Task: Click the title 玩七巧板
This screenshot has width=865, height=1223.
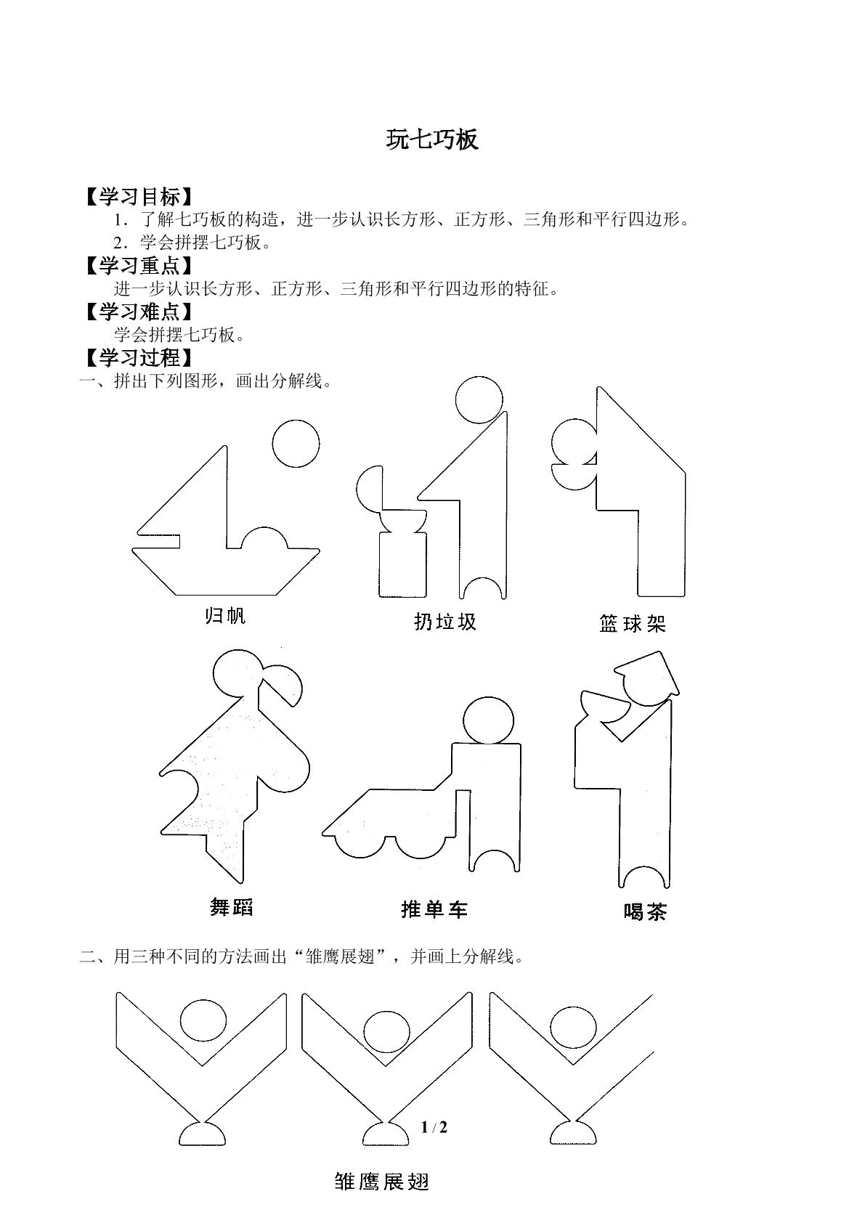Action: (x=433, y=139)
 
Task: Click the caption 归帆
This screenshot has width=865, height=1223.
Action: (x=225, y=615)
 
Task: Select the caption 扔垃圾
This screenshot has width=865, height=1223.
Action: (x=445, y=622)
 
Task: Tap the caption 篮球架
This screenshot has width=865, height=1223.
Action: (x=633, y=623)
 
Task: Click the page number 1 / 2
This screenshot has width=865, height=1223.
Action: (x=434, y=1127)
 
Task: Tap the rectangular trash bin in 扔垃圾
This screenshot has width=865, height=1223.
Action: (x=402, y=565)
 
